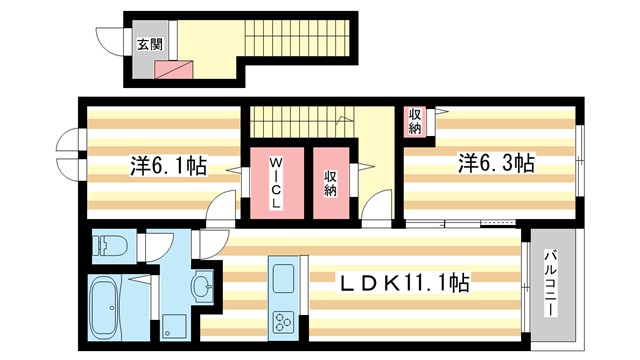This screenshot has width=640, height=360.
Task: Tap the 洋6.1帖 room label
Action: [167, 165]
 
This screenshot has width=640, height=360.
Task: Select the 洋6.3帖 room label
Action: [496, 163]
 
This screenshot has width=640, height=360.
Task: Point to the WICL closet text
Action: [274, 184]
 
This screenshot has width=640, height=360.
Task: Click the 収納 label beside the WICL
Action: [330, 184]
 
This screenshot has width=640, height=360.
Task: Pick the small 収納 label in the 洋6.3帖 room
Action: [414, 122]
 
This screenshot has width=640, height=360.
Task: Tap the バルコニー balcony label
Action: [551, 282]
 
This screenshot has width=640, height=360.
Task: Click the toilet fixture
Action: [106, 244]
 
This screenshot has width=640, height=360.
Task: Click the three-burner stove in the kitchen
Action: [281, 322]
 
